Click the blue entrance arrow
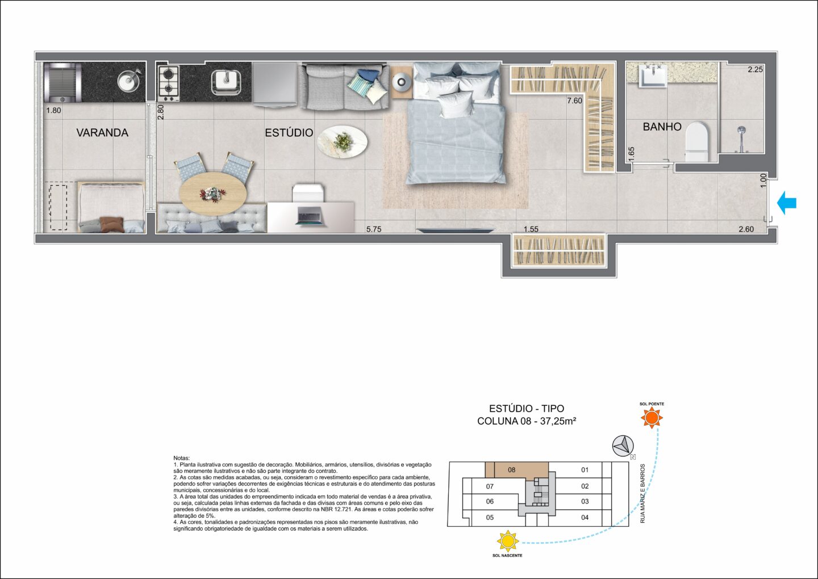click(787, 203)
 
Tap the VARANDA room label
click(102, 133)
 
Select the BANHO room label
click(662, 127)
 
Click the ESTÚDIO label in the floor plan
click(289, 133)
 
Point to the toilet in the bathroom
click(696, 142)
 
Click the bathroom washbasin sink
click(652, 76)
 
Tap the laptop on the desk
click(309, 216)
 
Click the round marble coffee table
click(342, 142)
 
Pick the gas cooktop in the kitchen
click(168, 83)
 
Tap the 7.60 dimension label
click(574, 101)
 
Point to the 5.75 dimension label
click(374, 229)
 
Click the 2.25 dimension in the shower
click(755, 69)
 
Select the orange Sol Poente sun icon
click(652, 418)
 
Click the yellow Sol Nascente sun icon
click(508, 541)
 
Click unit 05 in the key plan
click(490, 518)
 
